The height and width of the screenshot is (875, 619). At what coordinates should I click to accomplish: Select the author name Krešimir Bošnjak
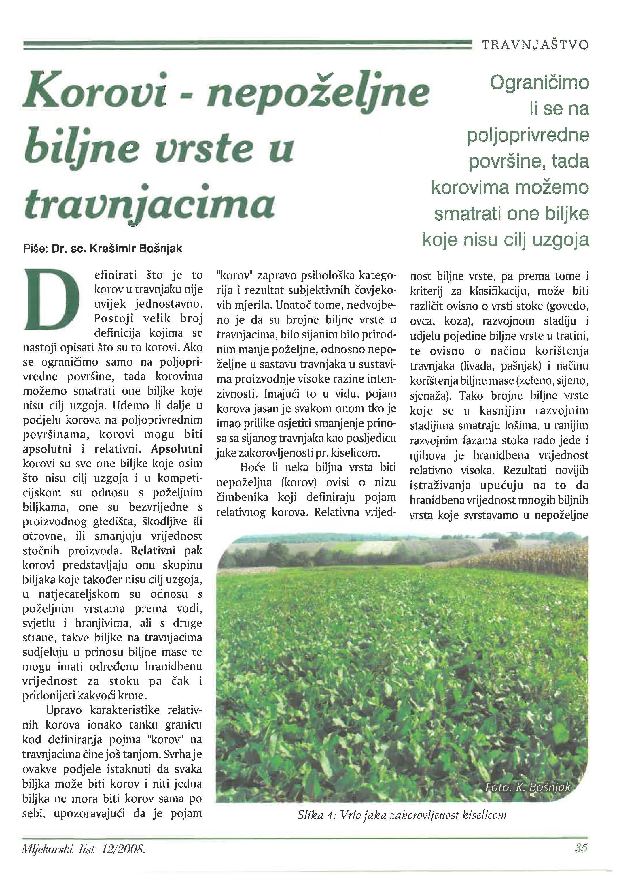coord(136,249)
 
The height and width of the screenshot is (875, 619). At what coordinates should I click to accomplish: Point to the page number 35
coord(580,848)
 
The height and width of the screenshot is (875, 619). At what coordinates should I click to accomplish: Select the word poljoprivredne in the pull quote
coord(528,136)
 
